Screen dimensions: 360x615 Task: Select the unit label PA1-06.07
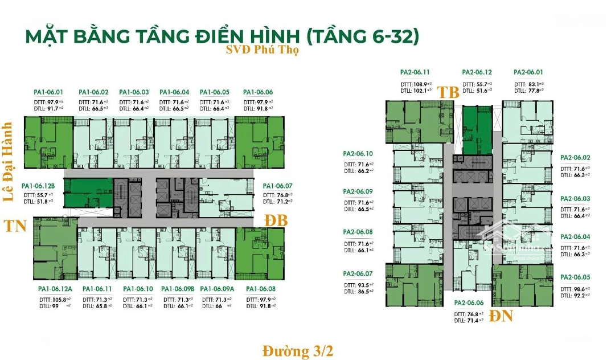pyautogui.click(x=277, y=186)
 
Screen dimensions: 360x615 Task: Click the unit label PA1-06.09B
pyautogui.click(x=178, y=289)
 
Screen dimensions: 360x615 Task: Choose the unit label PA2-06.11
pyautogui.click(x=415, y=72)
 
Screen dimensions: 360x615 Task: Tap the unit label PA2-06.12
pyautogui.click(x=477, y=72)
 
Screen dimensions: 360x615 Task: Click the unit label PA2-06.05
pyautogui.click(x=575, y=277)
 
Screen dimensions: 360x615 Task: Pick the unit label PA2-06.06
pyautogui.click(x=469, y=303)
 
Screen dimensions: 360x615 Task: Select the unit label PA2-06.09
pyautogui.click(x=358, y=191)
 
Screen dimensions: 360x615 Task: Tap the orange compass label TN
pyautogui.click(x=17, y=226)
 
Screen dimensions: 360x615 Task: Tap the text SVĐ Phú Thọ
pyautogui.click(x=261, y=50)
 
